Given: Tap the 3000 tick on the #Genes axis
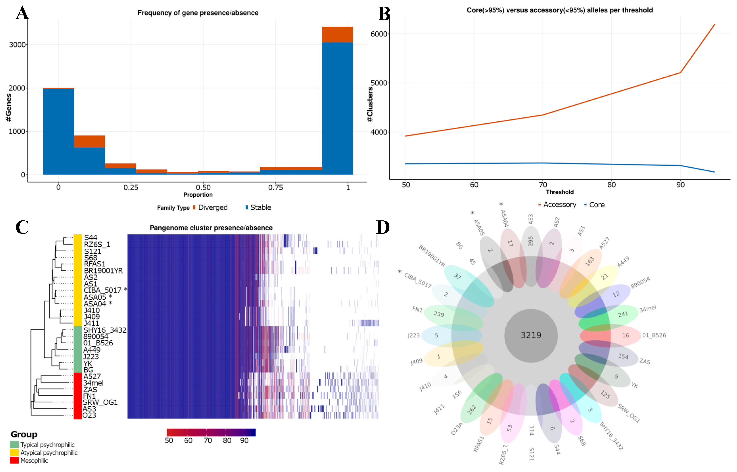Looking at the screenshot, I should click(x=17, y=45).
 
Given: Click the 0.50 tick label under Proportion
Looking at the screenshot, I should click(x=203, y=187).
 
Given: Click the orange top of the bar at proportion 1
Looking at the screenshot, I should click(x=337, y=34).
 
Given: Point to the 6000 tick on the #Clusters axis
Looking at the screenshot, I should click(x=379, y=34).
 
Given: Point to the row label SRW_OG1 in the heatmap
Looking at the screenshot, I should click(x=100, y=402).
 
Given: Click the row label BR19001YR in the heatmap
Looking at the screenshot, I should click(x=103, y=271).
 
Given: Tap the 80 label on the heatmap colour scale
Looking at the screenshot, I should click(x=227, y=440).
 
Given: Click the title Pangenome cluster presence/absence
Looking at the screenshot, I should click(x=211, y=228).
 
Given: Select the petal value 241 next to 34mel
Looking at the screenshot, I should click(x=623, y=314).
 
